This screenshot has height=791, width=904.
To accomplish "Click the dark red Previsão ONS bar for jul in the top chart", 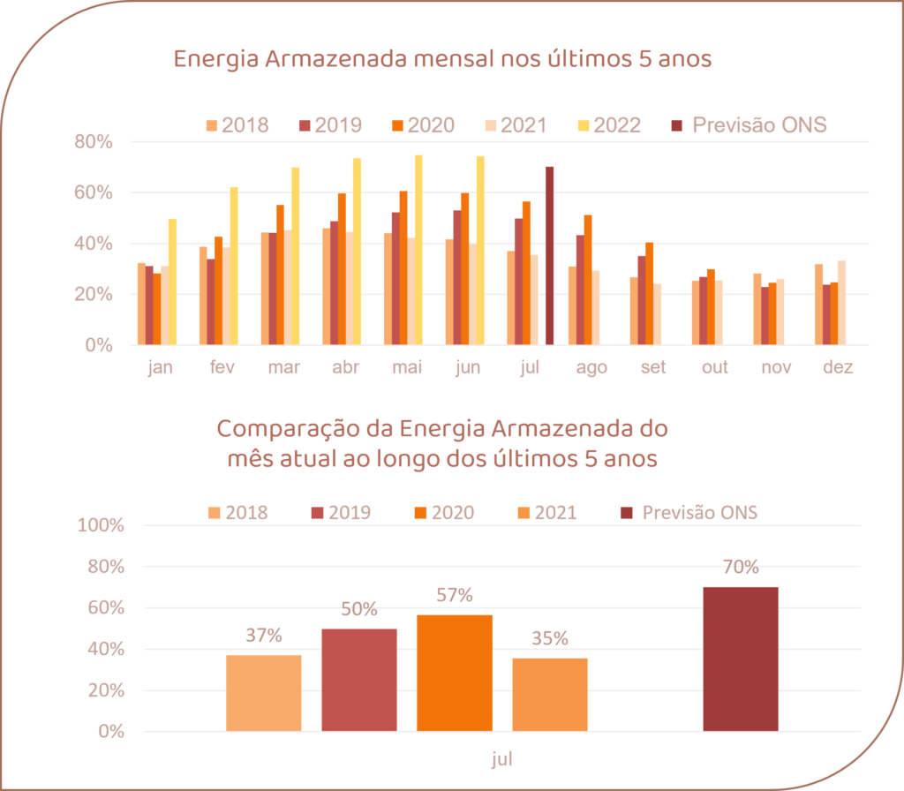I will [549, 255].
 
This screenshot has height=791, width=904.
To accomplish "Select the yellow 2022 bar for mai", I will [418, 250].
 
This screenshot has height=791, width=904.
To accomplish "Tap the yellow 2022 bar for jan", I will [172, 282].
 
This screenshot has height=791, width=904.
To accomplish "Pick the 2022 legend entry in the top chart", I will [608, 124].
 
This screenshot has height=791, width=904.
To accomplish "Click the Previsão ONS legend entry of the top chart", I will [750, 124].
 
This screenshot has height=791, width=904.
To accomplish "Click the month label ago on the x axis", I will [591, 367].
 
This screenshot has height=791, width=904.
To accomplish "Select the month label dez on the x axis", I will [837, 367].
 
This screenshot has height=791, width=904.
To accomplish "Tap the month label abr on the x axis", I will [344, 367].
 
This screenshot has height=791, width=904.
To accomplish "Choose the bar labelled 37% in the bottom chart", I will [264, 692].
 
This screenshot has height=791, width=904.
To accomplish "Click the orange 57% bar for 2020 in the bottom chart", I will [455, 673].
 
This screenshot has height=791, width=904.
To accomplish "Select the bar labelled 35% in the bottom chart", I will [550, 694].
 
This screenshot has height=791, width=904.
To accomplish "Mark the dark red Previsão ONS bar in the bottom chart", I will [741, 659].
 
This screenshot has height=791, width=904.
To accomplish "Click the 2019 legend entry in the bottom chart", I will [341, 513].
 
